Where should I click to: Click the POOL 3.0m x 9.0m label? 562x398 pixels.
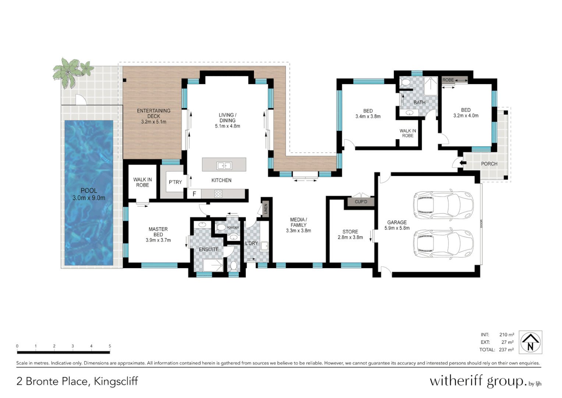(89, 194)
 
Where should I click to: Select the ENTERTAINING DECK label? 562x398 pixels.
(153, 116)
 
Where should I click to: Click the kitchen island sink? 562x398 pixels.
(224, 165)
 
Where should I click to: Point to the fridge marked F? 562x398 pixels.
(194, 194)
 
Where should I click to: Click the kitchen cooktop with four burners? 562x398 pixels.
(218, 193)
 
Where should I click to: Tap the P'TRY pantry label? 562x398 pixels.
(175, 182)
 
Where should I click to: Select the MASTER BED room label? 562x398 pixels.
(158, 234)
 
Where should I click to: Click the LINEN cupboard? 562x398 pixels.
(266, 209)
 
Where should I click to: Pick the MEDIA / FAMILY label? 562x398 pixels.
(298, 225)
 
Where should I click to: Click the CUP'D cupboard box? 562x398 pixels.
(361, 202)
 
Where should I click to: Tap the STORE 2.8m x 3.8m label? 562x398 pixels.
(350, 234)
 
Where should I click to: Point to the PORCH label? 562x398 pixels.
(489, 164)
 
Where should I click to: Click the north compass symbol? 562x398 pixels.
(530, 342)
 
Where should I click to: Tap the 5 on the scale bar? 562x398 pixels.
(110, 346)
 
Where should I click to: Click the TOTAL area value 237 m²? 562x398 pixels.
(506, 350)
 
